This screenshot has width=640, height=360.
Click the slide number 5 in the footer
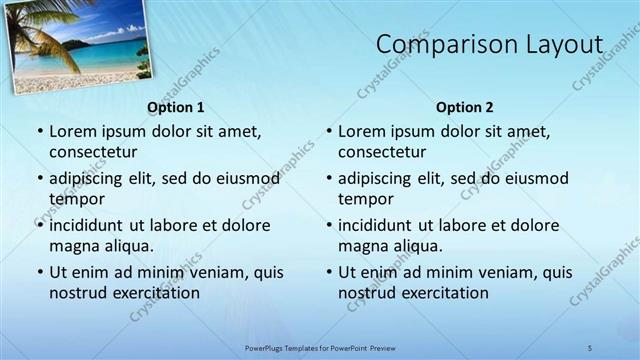(590, 347)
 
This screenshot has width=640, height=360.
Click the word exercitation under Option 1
(155, 293)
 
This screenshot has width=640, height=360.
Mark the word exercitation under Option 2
(444, 293)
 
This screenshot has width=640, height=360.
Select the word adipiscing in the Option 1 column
(91, 179)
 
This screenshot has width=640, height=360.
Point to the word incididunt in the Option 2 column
(381, 226)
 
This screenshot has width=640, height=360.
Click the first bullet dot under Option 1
(39, 132)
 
